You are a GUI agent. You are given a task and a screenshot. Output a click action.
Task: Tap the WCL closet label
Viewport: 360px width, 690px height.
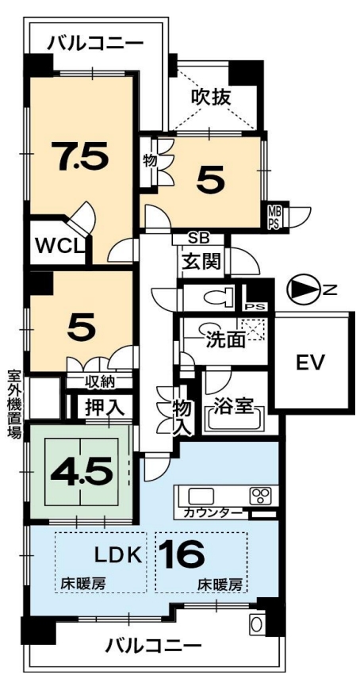(59, 244)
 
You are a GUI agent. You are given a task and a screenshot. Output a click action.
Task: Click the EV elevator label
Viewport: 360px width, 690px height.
(310, 362)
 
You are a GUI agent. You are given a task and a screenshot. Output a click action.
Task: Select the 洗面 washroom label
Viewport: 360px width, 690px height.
(224, 339)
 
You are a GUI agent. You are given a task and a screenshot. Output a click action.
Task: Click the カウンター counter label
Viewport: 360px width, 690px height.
(213, 512)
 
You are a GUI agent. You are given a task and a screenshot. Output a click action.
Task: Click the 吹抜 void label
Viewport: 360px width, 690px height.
(210, 97)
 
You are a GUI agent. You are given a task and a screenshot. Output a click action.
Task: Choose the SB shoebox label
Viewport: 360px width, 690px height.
(199, 239)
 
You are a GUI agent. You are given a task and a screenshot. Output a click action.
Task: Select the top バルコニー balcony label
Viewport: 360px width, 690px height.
(96, 44)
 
